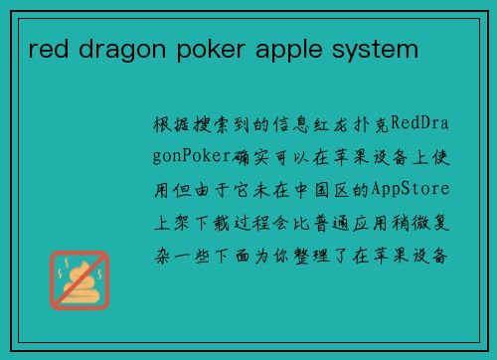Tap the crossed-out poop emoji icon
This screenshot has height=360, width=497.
pyautogui.click(x=80, y=279)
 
